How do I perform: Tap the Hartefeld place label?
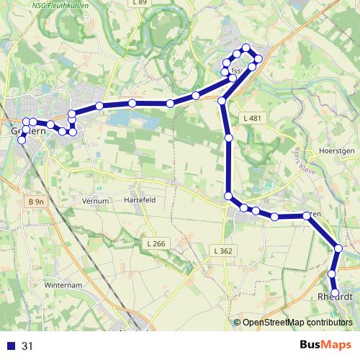coord(140,200)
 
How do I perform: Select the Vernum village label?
coord(95,200)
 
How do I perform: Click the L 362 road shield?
coord(222,251)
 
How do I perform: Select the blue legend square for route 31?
coord(10,346)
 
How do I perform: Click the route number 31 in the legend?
coord(27,346)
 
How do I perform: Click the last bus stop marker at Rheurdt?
coord(336,292)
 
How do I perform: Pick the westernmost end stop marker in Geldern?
coord(22,139)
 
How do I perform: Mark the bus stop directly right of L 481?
coord(229,137)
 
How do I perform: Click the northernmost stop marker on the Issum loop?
coord(246,48)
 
